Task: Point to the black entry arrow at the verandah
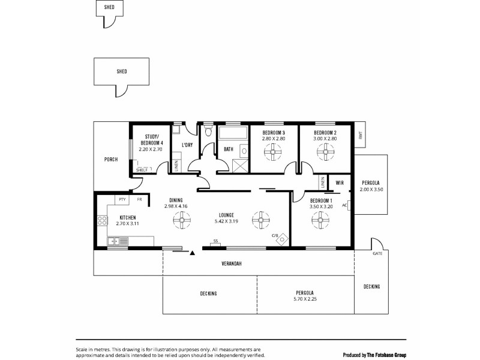[193, 254]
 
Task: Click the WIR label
[339, 182]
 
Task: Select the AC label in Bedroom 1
[344, 205]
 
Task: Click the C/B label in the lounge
[275, 235]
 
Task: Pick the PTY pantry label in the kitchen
[122, 199]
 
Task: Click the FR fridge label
[139, 199]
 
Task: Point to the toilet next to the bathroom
[207, 130]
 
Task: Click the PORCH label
[110, 160]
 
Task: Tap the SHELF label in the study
[142, 170]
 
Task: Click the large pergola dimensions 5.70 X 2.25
[305, 298]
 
